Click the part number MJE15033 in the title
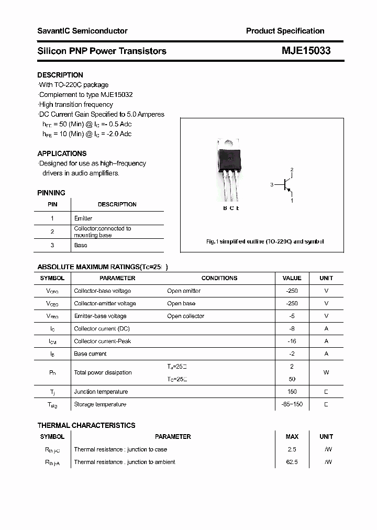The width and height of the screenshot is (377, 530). click(306, 51)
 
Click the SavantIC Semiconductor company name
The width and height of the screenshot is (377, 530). click(82, 31)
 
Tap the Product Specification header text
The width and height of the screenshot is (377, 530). click(285, 31)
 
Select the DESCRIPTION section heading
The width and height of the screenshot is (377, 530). click(60, 75)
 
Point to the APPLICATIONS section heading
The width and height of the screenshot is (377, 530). click(62, 153)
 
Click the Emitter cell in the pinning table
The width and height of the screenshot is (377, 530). click(83, 218)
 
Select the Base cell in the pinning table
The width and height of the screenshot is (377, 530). click(81, 245)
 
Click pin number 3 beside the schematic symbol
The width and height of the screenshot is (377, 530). click(272, 185)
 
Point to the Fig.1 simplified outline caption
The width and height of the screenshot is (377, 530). click(265, 241)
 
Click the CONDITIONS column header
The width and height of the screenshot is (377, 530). click(219, 278)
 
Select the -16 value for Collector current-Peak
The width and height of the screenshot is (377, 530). click(292, 341)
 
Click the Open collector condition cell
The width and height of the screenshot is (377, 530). click(185, 316)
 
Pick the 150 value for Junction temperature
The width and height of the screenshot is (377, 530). click(292, 391)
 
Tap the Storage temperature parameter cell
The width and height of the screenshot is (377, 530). click(100, 404)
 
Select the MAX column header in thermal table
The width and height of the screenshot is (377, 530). click(292, 436)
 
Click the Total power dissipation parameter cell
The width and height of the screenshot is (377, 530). click(103, 372)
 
